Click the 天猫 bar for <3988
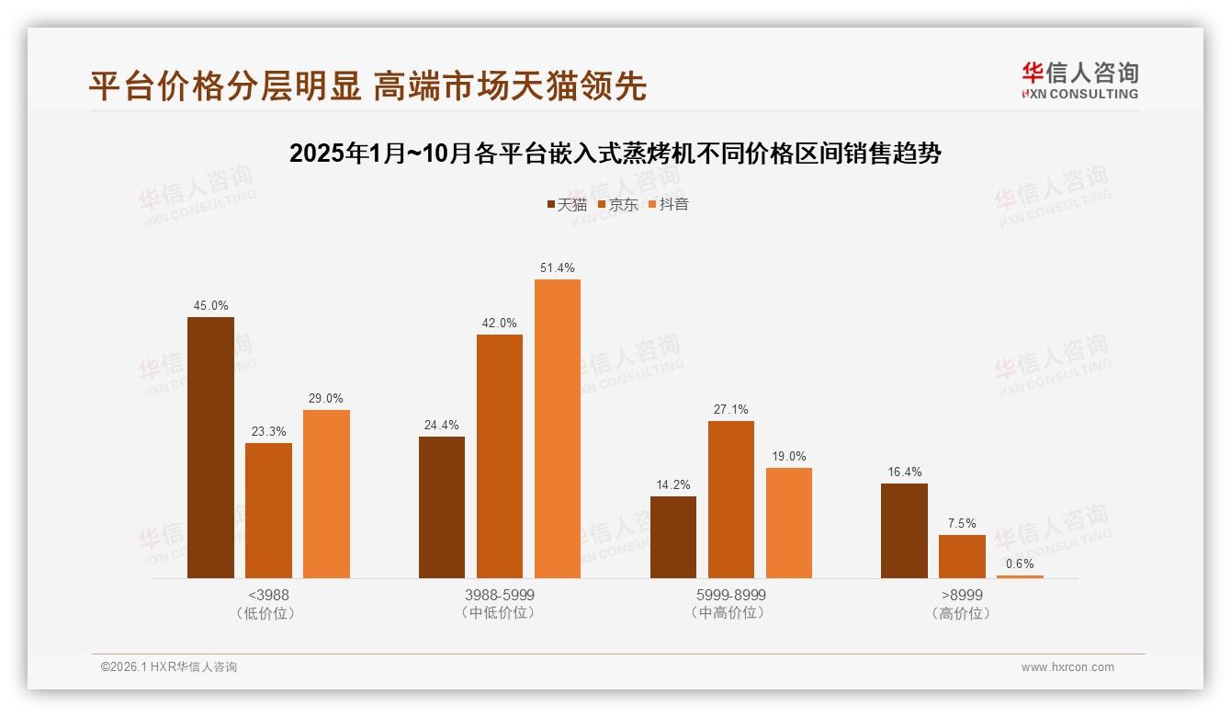[210, 448]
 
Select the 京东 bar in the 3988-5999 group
[499, 456]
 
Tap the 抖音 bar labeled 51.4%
[558, 428]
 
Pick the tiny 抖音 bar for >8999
[1020, 576]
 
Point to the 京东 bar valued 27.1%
[730, 499]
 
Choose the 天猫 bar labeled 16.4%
[904, 530]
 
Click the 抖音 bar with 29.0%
[326, 494]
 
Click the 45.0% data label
[210, 306]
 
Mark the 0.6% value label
[1020, 563]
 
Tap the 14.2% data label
[672, 484]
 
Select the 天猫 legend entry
[567, 204]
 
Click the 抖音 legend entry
[669, 204]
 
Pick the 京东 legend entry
[618, 204]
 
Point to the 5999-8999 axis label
[730, 595]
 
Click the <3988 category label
[268, 595]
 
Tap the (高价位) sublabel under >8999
[961, 613]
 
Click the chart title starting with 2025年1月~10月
[615, 154]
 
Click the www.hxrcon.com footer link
[1067, 667]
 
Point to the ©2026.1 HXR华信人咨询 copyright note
[169, 667]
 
